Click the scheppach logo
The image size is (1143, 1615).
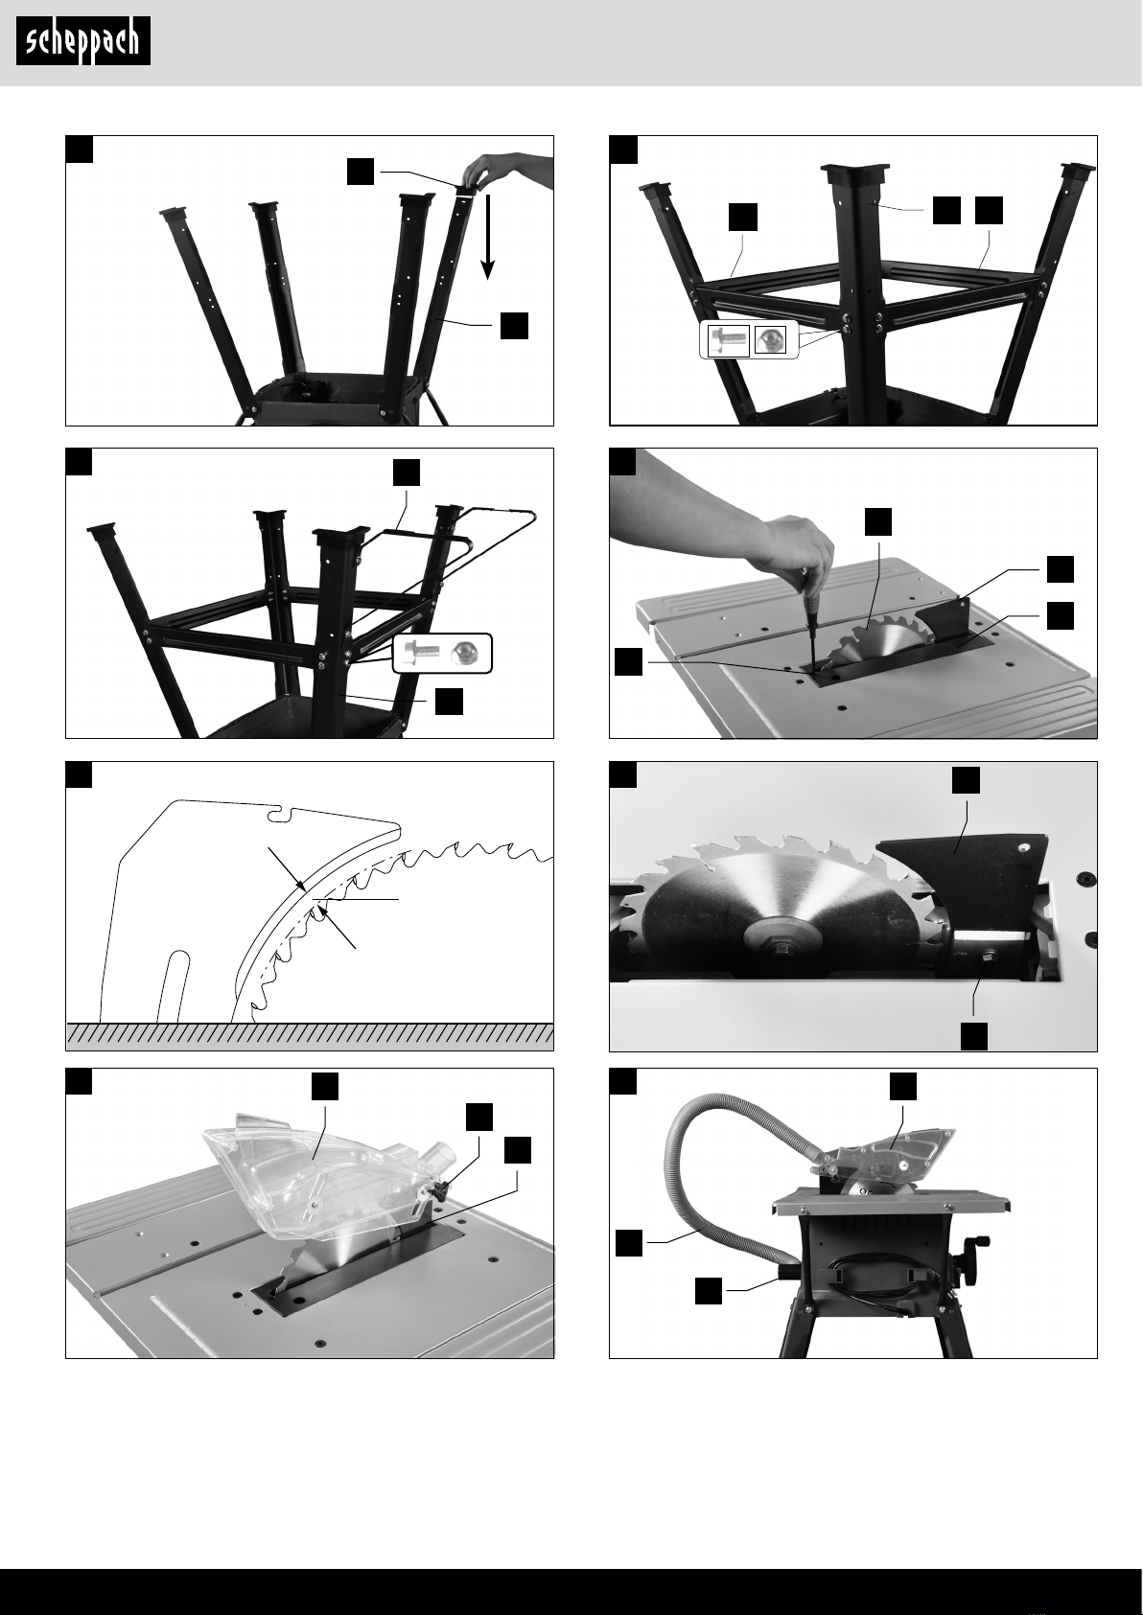[83, 41]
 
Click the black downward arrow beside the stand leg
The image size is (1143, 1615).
[488, 236]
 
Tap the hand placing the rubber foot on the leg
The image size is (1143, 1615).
[504, 170]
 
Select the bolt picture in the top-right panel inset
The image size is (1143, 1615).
[726, 339]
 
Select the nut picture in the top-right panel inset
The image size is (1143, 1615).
[770, 339]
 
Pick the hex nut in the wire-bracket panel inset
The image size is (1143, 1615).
[461, 654]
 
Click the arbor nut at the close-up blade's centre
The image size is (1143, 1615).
[783, 949]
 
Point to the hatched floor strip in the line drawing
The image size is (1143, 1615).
[310, 1035]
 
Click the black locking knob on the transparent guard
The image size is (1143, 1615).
[441, 1192]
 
